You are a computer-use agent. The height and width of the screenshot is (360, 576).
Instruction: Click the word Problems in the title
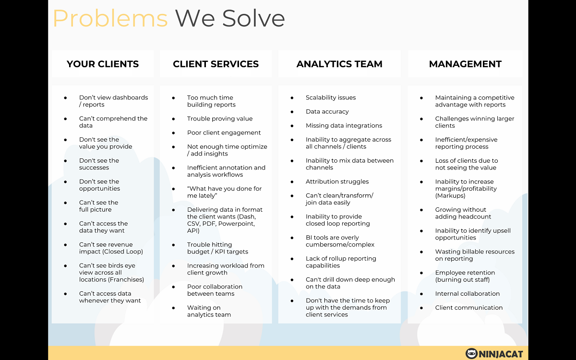(110, 19)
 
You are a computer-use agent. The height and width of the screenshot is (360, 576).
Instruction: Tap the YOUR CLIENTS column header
(103, 64)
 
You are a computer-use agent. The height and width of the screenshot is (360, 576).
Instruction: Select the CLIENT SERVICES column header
(216, 64)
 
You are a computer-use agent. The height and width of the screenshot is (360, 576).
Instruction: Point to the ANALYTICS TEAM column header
(339, 64)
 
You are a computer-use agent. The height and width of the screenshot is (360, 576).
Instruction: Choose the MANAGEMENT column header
(465, 64)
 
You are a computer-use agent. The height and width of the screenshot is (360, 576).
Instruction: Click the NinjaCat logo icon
(471, 354)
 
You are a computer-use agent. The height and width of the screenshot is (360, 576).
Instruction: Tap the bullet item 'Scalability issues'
(331, 98)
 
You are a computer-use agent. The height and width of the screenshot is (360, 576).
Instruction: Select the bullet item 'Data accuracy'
(327, 111)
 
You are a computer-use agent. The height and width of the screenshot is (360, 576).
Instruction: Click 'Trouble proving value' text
(220, 119)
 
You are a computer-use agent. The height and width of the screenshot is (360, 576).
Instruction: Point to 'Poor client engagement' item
(224, 132)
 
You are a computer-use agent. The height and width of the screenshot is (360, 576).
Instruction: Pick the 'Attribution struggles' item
(337, 181)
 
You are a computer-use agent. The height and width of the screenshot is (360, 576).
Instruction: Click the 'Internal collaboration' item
(467, 294)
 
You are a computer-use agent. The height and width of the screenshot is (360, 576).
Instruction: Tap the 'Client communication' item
(469, 308)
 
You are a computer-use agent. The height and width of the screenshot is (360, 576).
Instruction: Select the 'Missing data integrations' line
(344, 125)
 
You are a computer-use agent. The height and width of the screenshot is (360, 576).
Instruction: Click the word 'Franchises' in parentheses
(127, 279)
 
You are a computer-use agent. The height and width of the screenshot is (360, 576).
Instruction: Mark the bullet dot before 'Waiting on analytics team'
(174, 308)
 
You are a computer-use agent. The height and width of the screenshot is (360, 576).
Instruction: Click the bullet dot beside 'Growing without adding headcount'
(421, 210)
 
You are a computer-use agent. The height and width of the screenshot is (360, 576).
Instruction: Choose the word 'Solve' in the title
(253, 19)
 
